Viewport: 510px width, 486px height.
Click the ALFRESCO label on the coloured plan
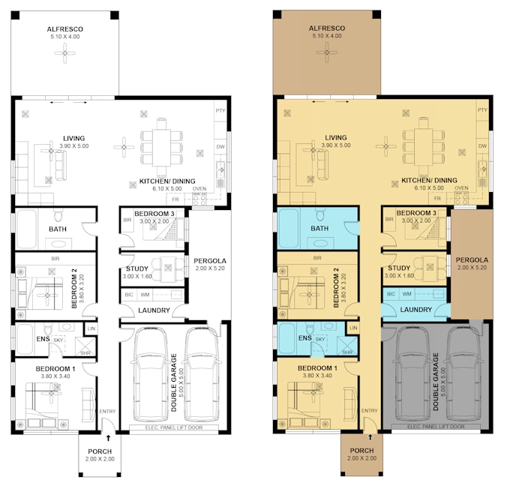[326, 29]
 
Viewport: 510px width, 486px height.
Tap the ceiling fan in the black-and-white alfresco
[66, 52]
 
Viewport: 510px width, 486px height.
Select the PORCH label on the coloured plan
[361, 451]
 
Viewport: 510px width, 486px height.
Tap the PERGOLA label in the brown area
[471, 261]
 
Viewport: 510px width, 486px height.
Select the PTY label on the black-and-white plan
[220, 111]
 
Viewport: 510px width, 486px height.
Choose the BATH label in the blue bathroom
[320, 229]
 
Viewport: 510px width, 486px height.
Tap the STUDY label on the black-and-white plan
[136, 268]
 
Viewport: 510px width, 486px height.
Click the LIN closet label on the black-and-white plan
[91, 328]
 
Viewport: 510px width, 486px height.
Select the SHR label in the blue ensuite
[347, 352]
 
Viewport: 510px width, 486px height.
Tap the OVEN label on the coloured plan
[463, 188]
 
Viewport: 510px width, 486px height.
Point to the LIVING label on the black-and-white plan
[74, 138]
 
